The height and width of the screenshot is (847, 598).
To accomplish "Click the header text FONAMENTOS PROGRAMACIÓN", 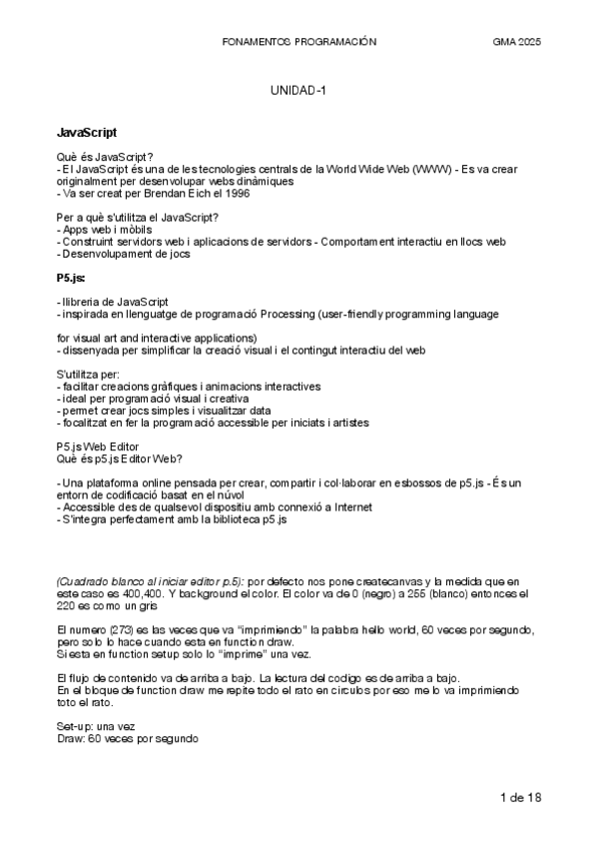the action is coord(299,43).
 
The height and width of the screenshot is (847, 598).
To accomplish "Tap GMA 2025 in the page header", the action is coord(517,43).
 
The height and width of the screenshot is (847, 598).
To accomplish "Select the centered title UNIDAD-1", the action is coord(299,91).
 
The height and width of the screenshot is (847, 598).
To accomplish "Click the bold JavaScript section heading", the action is coord(87,132).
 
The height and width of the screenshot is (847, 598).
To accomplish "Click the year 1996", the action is coord(234,194).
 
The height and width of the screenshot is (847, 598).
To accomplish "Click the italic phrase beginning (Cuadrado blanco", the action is coord(149,580).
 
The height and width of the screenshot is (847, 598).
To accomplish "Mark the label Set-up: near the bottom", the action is coord(76,724).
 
